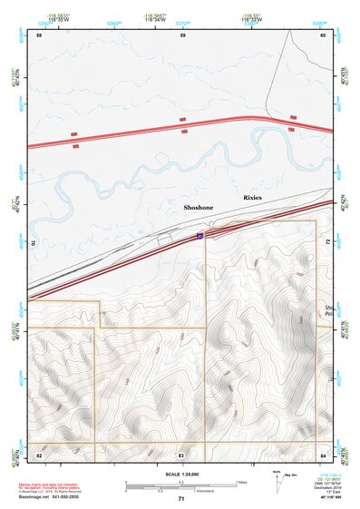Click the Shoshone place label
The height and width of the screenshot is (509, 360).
199,209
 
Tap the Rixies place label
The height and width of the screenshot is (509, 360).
252,197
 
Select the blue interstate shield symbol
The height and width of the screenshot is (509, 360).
199,236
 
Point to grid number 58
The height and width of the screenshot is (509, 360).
39,34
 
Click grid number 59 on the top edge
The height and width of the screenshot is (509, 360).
182,34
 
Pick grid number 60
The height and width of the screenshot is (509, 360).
323,34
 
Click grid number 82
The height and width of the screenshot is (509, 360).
39,454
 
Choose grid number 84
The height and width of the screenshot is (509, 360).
323,454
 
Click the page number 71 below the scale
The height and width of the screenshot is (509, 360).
181,500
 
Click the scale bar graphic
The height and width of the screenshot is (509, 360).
181,487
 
